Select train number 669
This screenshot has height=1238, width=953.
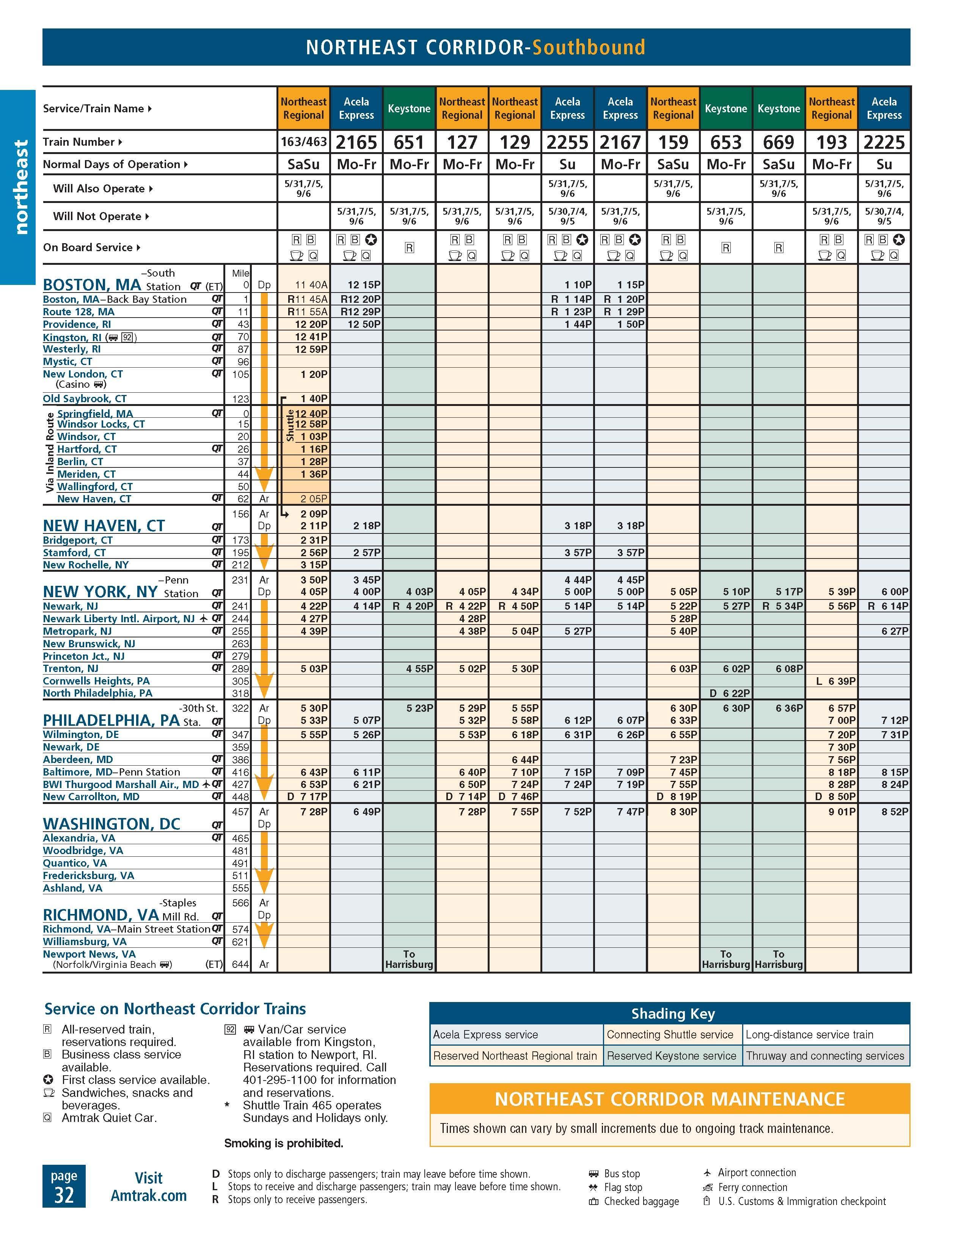coord(779,142)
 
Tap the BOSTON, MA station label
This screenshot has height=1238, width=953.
coord(92,285)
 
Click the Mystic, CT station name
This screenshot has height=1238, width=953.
coord(68,362)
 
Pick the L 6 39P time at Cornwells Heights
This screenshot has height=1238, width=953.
coord(836,681)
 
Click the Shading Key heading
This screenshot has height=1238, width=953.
coord(672,1013)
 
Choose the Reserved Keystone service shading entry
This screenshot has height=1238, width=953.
coord(671,1056)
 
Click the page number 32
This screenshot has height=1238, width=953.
coord(64,1195)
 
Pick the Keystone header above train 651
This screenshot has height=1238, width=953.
coord(409,108)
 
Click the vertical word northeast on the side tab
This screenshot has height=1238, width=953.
coord(20,187)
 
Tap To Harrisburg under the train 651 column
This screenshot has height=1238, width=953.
coord(409,959)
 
